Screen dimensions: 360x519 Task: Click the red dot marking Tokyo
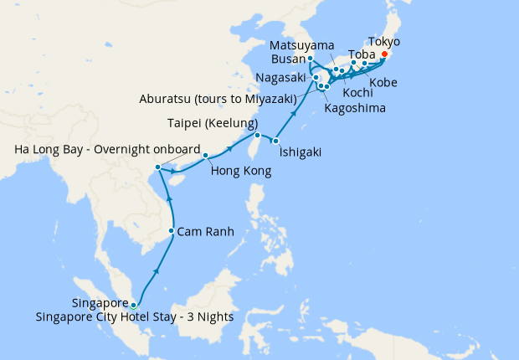(x=384, y=56)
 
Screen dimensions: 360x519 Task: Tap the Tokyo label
(x=384, y=41)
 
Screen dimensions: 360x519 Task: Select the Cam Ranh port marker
(x=172, y=231)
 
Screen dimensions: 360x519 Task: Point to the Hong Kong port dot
(x=205, y=155)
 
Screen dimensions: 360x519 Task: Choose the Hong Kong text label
(x=241, y=172)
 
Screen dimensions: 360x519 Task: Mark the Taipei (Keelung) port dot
(x=258, y=135)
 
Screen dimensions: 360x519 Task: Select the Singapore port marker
(x=134, y=305)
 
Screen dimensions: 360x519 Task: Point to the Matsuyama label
(x=303, y=44)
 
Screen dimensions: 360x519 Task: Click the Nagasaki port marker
(x=316, y=79)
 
